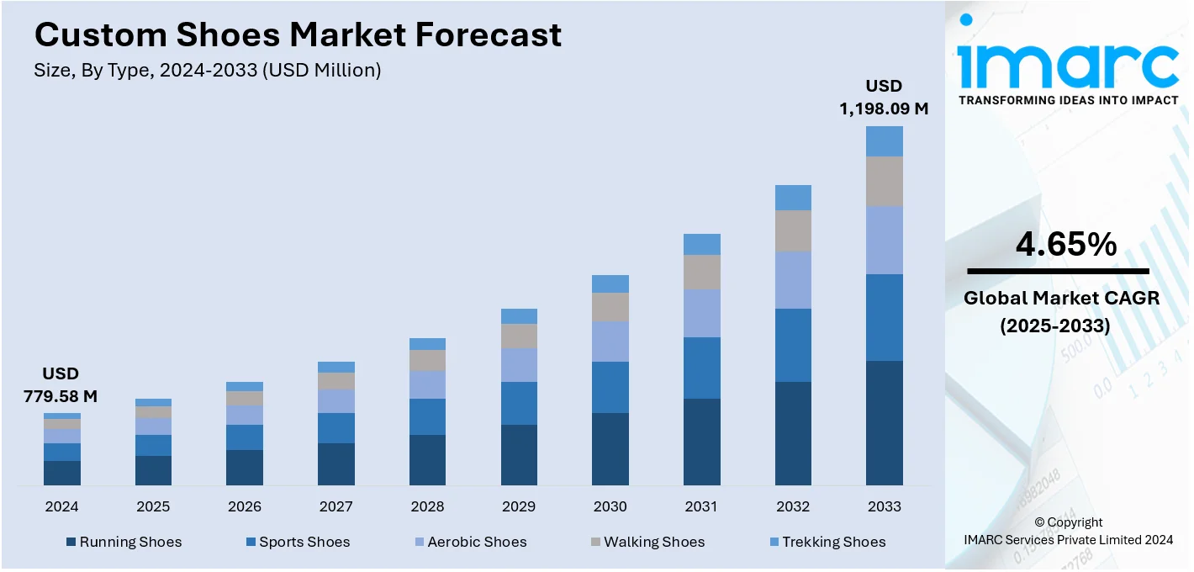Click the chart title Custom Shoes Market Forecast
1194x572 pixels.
[x=298, y=34]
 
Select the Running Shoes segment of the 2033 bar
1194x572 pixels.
[x=885, y=422]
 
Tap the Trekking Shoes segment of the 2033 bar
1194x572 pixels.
[x=885, y=141]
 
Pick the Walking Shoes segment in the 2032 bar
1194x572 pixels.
[x=793, y=230]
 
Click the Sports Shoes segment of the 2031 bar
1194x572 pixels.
[x=701, y=368]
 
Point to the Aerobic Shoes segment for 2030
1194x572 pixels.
[x=610, y=342]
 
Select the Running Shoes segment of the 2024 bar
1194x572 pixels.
[x=62, y=473]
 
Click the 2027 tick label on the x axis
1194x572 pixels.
[x=335, y=506]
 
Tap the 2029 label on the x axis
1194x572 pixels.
[x=519, y=506]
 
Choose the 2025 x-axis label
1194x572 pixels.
[x=153, y=506]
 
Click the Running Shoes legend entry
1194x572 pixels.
[x=130, y=542]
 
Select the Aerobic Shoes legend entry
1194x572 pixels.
[x=477, y=542]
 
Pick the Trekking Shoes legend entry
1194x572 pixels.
[x=833, y=542]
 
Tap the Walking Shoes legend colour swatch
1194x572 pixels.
[x=594, y=542]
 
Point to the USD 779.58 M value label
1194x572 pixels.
[x=61, y=384]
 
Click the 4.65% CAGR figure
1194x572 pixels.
[x=1066, y=244]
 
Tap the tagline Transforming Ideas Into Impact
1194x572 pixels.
[x=1068, y=100]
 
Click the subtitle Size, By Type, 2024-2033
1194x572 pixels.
[x=208, y=71]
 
